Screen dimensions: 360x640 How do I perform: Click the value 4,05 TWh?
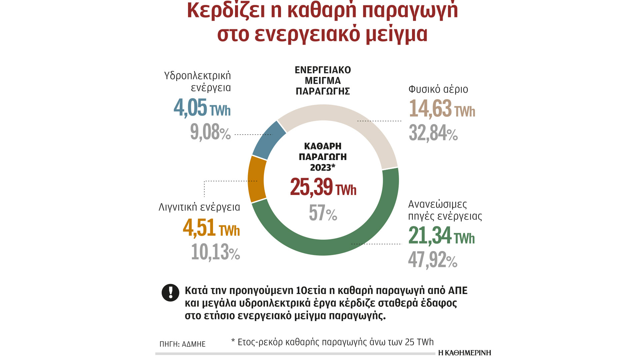pyautogui.click(x=202, y=108)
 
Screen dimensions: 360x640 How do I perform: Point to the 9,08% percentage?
pyautogui.click(x=210, y=132)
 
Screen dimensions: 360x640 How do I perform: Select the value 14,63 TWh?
pyautogui.click(x=442, y=109)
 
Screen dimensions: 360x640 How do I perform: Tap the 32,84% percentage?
pyautogui.click(x=433, y=133)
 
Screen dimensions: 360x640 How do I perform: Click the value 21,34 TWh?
pyautogui.click(x=441, y=236)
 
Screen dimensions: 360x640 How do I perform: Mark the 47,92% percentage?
pyautogui.click(x=433, y=260)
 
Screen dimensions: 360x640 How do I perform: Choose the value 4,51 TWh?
pyautogui.click(x=211, y=228)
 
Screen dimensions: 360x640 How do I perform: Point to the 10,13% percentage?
pyautogui.click(x=215, y=252)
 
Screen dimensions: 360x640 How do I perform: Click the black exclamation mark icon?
pyautogui.click(x=170, y=293)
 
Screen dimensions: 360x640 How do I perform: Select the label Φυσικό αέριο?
pyautogui.click(x=438, y=89)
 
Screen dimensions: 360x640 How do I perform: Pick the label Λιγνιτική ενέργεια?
pyautogui.click(x=199, y=207)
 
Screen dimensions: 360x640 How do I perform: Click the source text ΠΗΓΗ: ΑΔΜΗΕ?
pyautogui.click(x=182, y=344)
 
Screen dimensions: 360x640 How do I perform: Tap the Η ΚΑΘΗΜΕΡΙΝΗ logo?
pyautogui.click(x=464, y=353)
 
